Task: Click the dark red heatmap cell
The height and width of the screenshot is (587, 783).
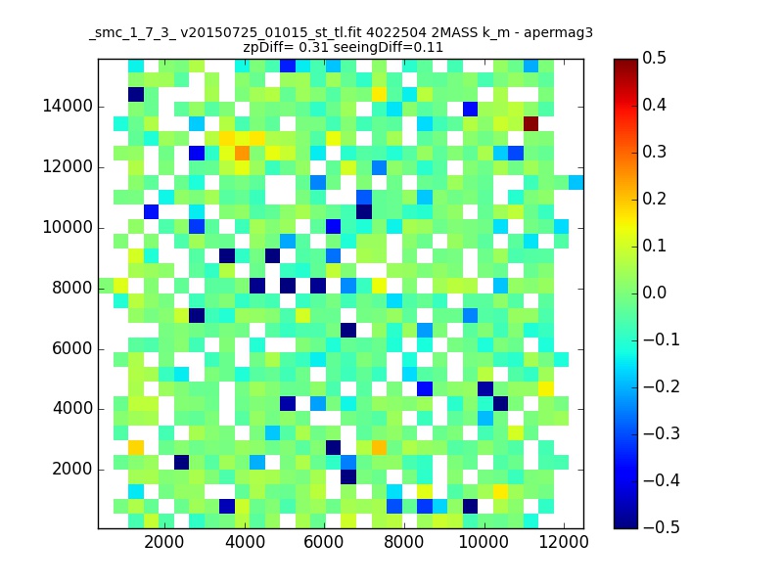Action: point(530,124)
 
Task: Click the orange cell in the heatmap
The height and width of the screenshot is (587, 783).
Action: point(242,153)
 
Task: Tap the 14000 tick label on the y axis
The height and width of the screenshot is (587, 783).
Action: point(68,107)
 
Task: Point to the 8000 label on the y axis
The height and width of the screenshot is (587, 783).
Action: point(72,288)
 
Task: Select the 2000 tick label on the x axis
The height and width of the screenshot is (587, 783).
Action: point(163,542)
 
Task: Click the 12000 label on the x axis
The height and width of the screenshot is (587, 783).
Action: point(564,542)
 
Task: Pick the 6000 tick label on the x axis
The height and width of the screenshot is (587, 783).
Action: point(324,542)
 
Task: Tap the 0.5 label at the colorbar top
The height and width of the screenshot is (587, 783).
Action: point(654,58)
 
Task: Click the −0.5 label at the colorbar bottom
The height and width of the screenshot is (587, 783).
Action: point(662,527)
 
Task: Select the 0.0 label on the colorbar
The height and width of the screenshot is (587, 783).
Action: point(654,293)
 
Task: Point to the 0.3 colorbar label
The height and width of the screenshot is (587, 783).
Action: point(654,152)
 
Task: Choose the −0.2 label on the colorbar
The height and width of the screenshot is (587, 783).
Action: point(662,386)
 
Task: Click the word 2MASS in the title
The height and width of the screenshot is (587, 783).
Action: point(454,33)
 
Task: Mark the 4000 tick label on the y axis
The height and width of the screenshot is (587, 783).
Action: point(72,409)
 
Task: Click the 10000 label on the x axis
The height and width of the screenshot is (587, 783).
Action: point(484,542)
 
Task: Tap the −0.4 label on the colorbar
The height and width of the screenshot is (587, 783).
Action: point(662,480)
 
